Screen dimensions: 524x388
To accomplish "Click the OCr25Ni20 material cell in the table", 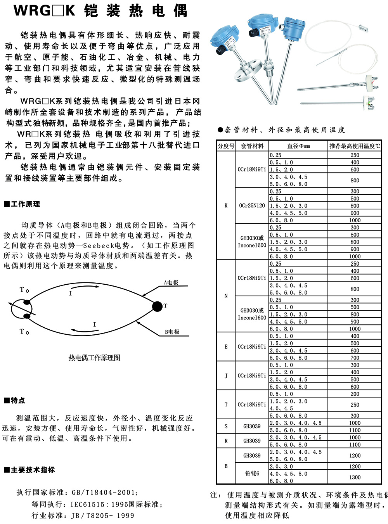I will pos(252,206).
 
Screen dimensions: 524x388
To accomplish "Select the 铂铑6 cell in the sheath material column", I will pos(252,474).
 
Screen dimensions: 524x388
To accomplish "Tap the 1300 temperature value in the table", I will pos(355,477).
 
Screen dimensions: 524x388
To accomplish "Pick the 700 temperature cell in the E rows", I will pos(355,358).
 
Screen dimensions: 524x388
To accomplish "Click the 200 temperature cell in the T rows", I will pos(355,394).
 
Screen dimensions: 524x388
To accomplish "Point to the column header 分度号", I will pos(226,146).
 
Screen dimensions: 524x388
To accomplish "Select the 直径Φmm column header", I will pos(298,146).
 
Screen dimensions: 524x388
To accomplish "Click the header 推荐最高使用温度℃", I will pos(355,146).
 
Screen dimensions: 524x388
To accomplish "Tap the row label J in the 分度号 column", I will pos(226,375).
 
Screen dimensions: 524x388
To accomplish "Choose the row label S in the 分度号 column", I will pos(226,426).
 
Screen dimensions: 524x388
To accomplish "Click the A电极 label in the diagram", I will pos(171,283).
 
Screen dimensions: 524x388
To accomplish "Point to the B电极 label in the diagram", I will pos(172,332).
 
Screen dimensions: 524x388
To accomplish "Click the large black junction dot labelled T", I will pos(157,306).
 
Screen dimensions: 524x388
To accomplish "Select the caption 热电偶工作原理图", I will pos(94,358).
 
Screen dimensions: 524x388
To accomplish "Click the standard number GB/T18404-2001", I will pos(104,493).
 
